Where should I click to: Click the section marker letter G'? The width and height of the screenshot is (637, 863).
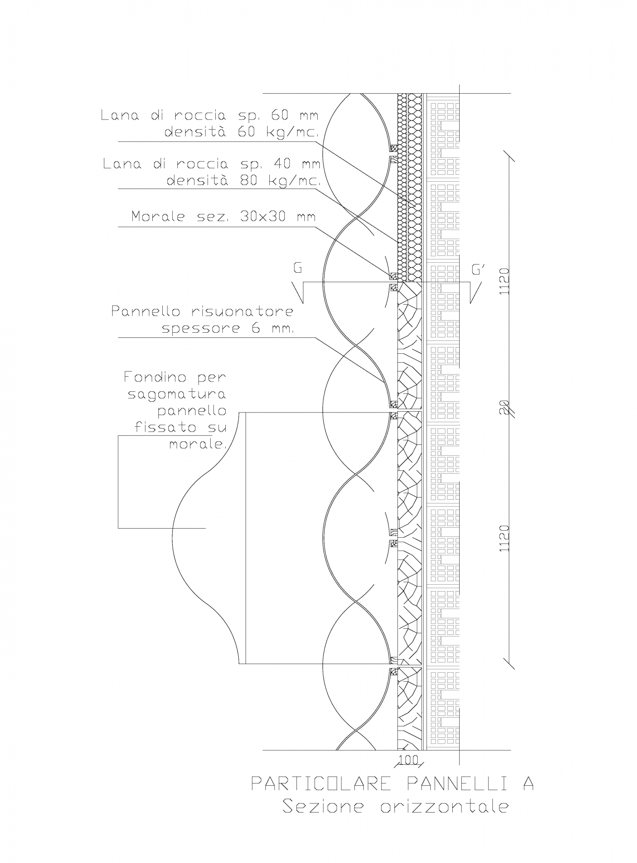(478, 270)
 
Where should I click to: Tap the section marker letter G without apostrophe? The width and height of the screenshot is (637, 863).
(297, 268)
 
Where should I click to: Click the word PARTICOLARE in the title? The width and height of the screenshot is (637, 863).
(321, 783)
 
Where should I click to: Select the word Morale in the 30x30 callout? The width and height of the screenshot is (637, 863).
(158, 216)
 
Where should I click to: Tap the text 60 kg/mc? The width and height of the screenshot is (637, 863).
(277, 132)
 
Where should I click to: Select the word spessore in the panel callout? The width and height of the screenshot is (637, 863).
(198, 328)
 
